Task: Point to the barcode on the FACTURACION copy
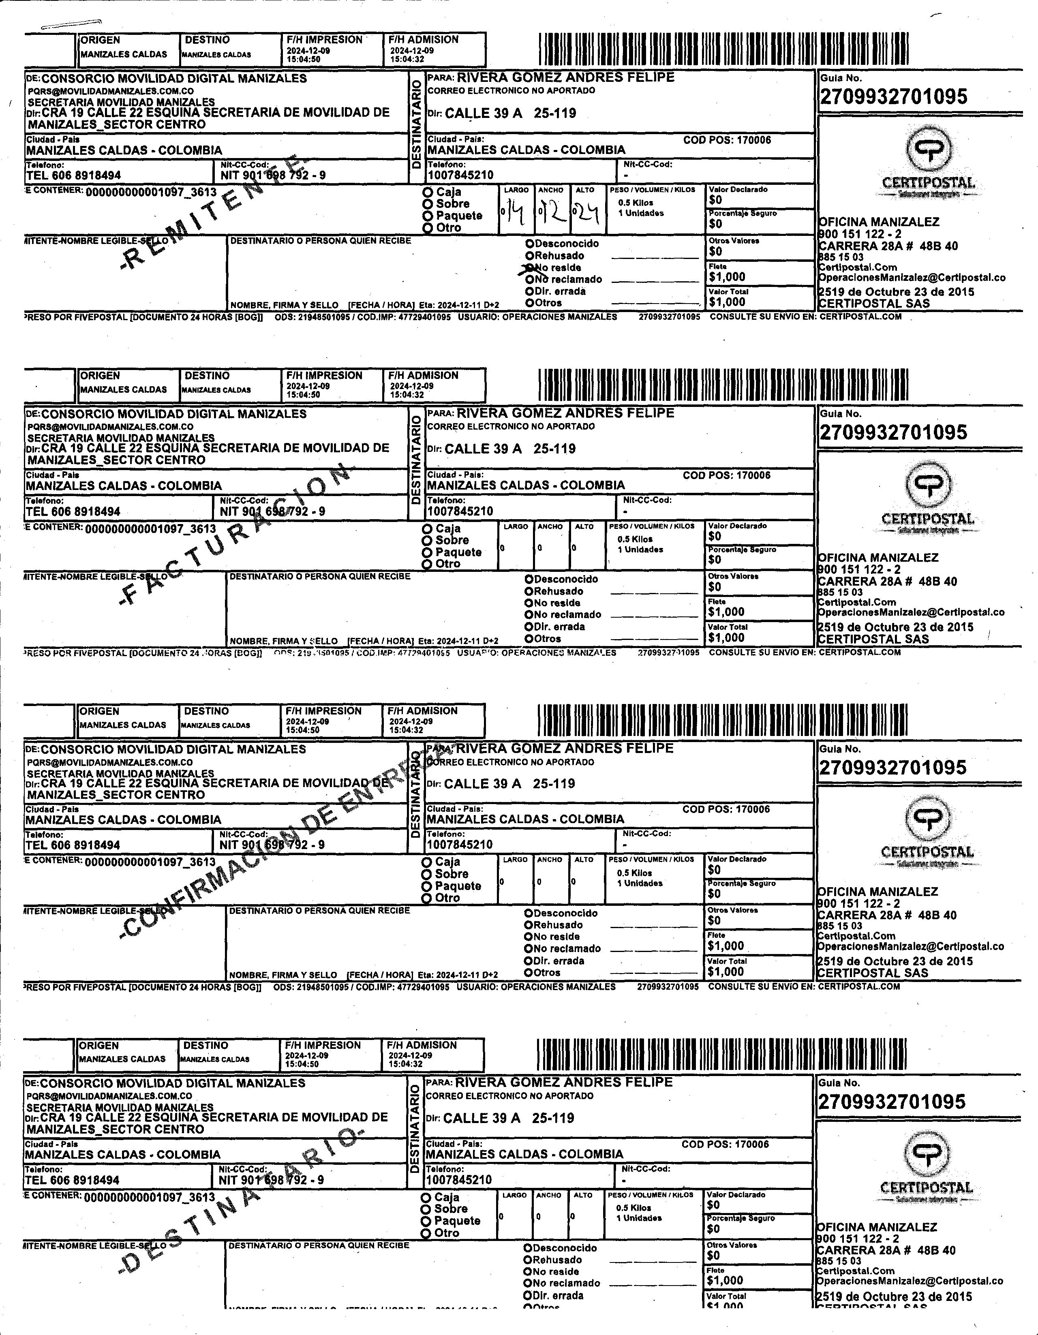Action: point(723,385)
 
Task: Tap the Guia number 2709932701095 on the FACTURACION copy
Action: point(893,432)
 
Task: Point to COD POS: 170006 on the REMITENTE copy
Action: point(727,140)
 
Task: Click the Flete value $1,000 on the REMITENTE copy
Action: point(727,277)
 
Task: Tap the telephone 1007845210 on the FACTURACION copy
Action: point(460,511)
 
